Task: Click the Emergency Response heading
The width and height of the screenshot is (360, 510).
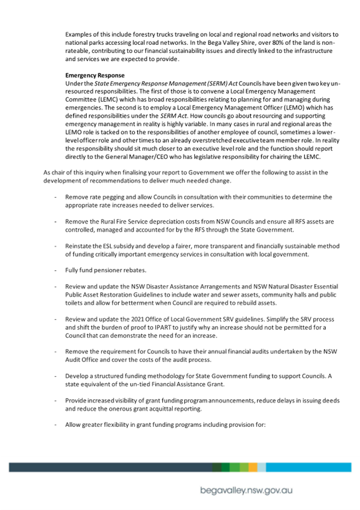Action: [95, 76]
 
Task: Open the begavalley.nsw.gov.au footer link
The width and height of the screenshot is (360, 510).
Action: [246, 490]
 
